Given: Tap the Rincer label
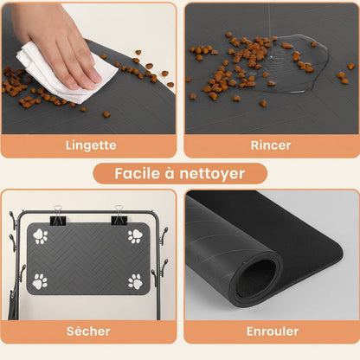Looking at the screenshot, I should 271,145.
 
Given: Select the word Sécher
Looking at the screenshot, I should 88,331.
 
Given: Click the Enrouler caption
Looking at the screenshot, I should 271,331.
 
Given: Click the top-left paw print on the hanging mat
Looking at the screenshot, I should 40,235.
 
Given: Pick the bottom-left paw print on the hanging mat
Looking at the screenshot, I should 40,281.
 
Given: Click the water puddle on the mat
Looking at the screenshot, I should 281,65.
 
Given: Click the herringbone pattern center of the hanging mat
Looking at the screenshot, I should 87,259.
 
